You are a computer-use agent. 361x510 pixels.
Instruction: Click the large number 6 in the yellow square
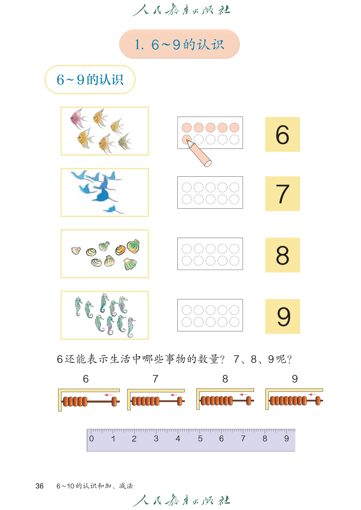[x=282, y=135]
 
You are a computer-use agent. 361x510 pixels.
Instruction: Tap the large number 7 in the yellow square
[x=283, y=194]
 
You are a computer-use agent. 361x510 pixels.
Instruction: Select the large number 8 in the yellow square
[x=283, y=255]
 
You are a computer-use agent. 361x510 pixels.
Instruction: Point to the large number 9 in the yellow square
[x=284, y=316]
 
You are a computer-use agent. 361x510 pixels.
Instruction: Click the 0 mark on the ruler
[x=91, y=439]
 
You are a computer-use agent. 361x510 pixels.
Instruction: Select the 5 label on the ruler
[x=200, y=439]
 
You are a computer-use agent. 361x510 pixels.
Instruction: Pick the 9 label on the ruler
[x=286, y=439]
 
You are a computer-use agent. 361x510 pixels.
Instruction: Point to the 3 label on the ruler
[x=156, y=439]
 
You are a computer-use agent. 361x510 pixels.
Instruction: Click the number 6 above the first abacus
[x=86, y=379]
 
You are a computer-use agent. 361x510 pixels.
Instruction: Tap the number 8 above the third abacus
[x=225, y=379]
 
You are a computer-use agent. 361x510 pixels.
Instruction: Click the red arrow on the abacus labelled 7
[x=174, y=395]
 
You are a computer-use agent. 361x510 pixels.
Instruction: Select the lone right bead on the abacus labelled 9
[x=318, y=401]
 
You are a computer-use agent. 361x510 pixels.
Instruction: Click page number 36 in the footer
[x=39, y=486]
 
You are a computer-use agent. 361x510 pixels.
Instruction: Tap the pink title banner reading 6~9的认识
[x=179, y=44]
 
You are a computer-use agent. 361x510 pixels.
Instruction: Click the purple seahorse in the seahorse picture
[x=131, y=328]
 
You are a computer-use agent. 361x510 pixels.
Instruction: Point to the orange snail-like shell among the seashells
[x=120, y=250]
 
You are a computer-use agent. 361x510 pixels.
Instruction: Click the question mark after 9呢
[x=289, y=359]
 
